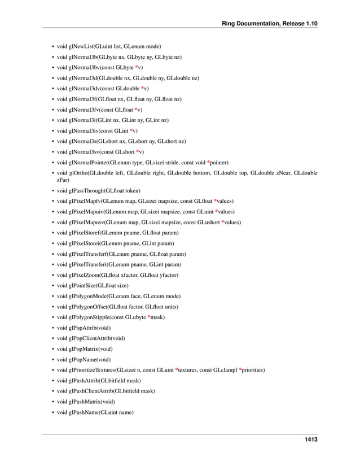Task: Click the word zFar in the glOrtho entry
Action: point(63,180)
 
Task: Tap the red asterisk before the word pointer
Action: point(209,162)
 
